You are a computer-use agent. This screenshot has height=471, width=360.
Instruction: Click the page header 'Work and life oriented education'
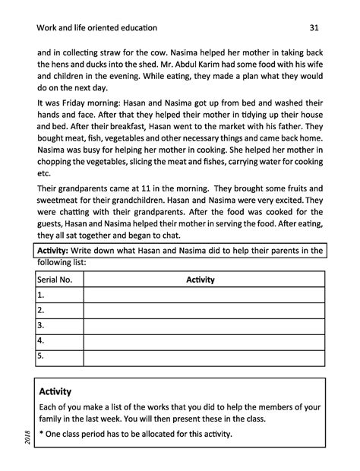pos(96,28)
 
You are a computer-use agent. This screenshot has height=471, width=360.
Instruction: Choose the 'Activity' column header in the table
pos(201,280)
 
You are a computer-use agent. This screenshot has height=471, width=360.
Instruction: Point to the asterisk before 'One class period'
pos(40,435)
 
